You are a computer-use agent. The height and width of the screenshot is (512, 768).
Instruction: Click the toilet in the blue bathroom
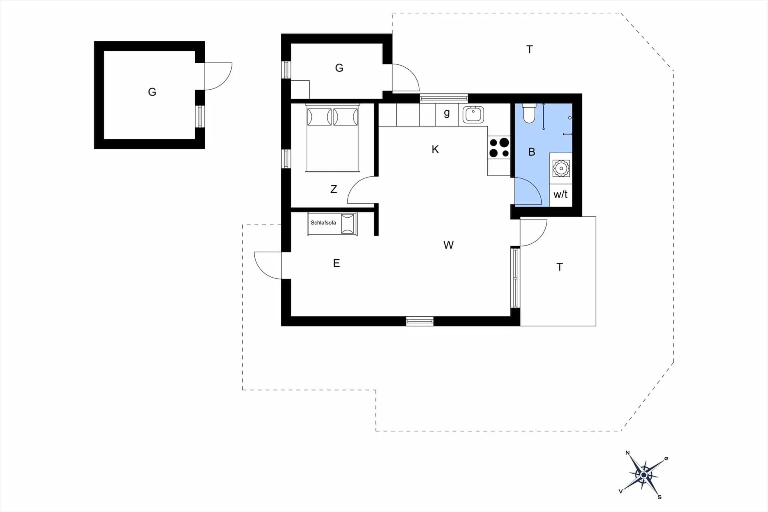529,114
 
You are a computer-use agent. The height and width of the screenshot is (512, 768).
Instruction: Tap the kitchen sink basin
473,114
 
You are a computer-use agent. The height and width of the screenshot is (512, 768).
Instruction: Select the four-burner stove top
499,147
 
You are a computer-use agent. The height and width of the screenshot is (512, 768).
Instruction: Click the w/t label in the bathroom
560,195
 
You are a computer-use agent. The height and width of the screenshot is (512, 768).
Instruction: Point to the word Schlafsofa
323,223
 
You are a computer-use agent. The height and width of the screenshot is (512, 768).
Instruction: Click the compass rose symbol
643,475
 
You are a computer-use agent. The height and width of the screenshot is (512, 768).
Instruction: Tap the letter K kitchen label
435,150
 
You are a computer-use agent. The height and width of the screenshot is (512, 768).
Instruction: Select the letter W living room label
448,245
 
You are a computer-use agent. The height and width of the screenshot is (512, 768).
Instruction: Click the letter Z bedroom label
334,189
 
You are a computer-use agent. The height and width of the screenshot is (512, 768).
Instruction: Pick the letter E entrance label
336,263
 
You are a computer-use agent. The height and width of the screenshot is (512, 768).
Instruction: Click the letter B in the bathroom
532,152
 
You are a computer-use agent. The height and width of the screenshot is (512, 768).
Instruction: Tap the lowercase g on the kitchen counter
447,114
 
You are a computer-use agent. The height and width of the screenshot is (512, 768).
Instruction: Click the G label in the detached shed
152,92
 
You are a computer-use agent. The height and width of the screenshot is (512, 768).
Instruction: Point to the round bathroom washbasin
561,168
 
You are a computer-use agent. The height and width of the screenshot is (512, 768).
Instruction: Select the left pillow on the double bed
319,117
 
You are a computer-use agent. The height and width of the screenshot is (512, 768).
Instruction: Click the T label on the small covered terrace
560,267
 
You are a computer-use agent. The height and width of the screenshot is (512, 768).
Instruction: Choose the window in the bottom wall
420,321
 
